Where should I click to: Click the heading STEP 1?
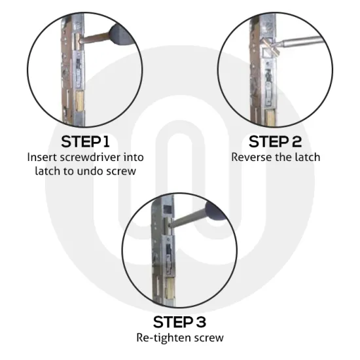coord(85,141)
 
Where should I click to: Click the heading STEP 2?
coord(275,141)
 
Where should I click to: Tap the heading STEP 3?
coord(179,322)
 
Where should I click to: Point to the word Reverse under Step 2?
coord(249,157)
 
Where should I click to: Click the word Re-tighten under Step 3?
coord(164,338)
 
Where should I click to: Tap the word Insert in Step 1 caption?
coord(42,157)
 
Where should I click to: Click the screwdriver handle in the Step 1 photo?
coord(121,35)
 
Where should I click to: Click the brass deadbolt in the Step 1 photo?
coord(80,101)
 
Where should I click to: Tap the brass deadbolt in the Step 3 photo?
coord(170,288)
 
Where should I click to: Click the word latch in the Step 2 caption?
coord(308,157)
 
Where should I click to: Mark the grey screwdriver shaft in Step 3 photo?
coord(189,218)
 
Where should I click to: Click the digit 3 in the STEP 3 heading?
coord(201,322)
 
